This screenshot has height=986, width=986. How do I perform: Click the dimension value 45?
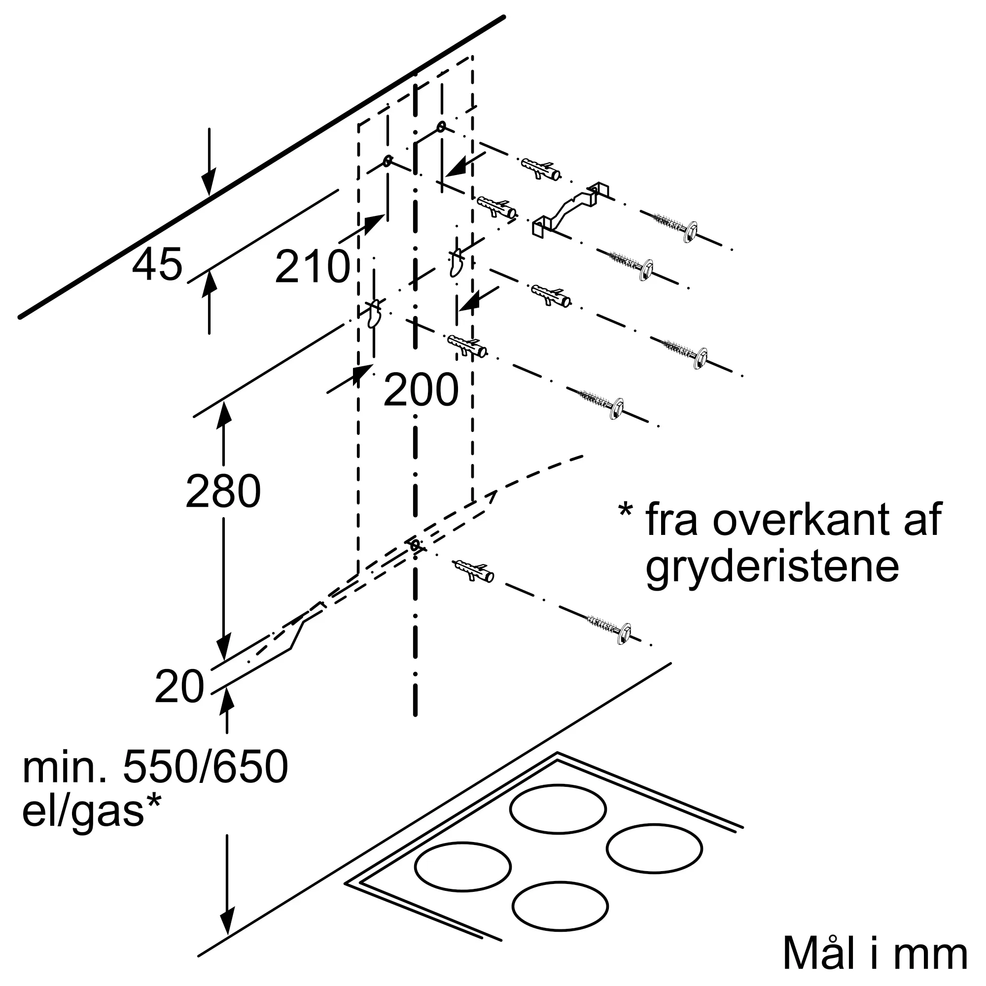[x=157, y=264]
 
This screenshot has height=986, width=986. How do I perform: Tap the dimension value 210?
[x=313, y=266]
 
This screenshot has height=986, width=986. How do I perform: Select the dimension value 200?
[x=421, y=390]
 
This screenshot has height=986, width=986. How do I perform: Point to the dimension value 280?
[x=223, y=491]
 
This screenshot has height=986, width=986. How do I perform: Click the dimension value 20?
[x=179, y=687]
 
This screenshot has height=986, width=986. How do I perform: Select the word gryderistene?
[x=772, y=568]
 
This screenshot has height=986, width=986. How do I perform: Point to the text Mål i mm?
[x=875, y=952]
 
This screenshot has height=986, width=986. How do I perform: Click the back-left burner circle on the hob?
[x=558, y=809]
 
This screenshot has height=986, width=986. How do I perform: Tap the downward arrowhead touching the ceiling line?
[x=208, y=184]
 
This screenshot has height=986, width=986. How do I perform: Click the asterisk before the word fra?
[x=626, y=510]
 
